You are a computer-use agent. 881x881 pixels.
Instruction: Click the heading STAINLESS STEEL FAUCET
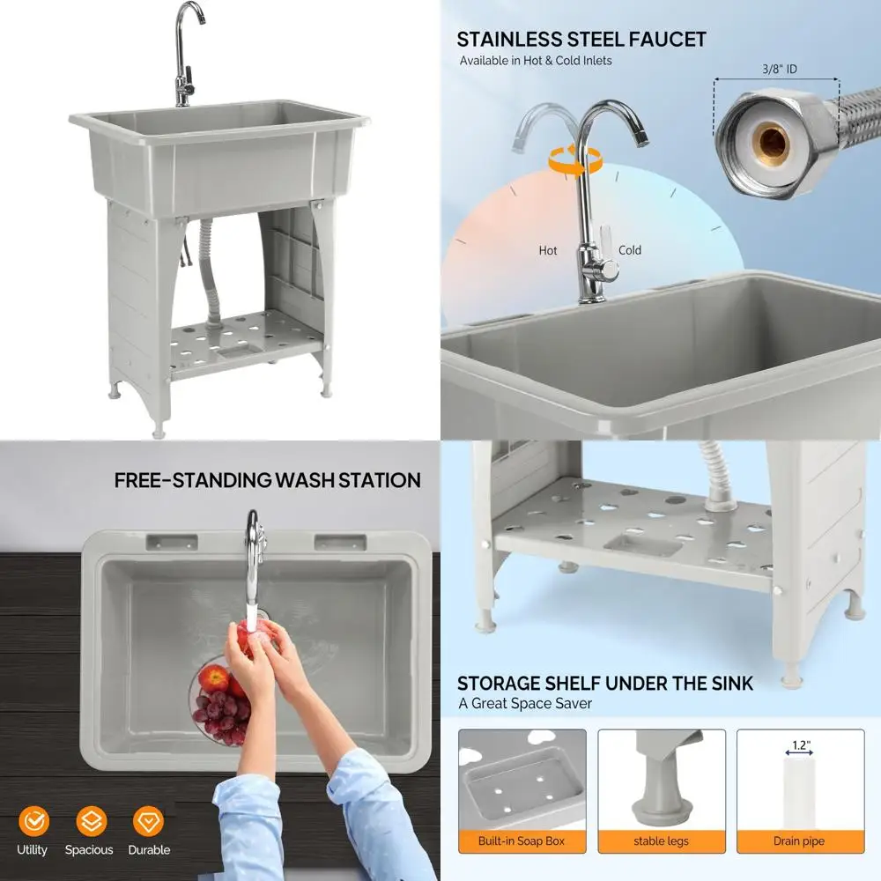581,39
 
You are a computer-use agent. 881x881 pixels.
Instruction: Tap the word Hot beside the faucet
548,250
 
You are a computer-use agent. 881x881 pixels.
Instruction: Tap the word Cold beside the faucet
630,250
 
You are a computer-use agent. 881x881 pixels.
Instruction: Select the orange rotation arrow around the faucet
574,159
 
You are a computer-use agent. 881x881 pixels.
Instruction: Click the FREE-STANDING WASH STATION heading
268,480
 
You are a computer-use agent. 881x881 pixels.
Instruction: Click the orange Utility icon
33,821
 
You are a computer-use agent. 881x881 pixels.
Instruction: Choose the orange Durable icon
148,821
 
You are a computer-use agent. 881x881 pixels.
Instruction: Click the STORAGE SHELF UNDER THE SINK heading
605,683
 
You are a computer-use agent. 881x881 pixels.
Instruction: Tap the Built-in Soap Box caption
522,841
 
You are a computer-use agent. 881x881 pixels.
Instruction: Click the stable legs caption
661,841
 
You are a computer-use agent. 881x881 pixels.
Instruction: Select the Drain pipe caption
800,841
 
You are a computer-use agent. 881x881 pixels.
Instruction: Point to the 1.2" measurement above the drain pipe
800,745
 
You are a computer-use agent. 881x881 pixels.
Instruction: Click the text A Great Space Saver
525,703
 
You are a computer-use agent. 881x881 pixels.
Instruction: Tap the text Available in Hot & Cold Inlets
536,61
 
